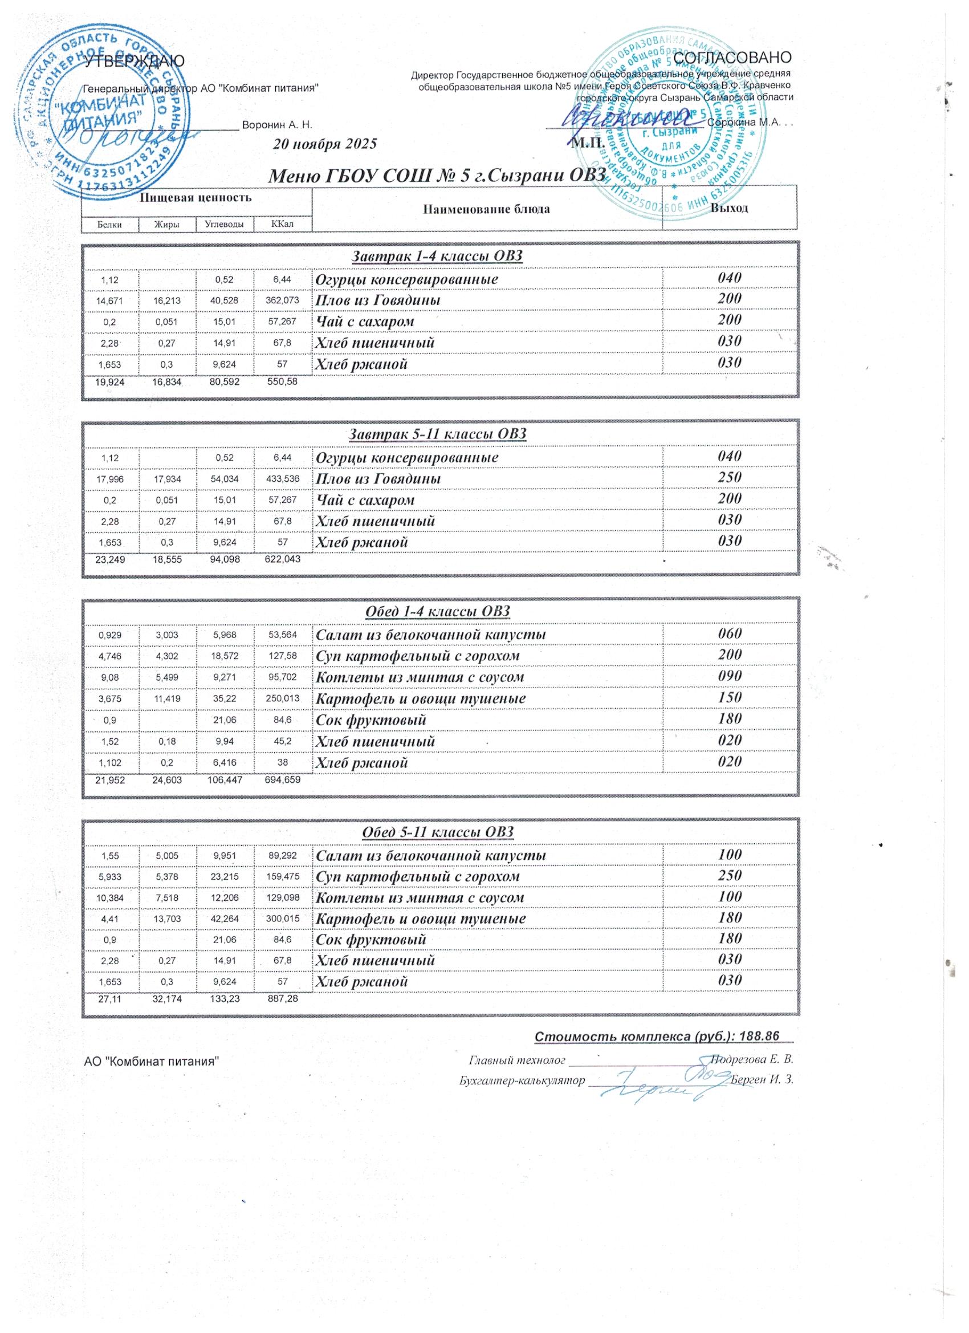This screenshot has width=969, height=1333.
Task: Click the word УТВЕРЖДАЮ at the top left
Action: point(135,61)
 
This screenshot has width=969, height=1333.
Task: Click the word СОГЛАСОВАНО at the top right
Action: point(734,58)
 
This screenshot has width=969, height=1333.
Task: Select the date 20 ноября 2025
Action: point(325,144)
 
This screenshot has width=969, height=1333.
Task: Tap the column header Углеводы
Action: point(225,223)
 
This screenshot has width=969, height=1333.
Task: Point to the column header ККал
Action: point(282,223)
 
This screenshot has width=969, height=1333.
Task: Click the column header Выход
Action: point(729,208)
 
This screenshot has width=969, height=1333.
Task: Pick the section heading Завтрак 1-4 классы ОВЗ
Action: point(437,256)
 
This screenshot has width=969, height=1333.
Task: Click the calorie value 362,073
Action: point(282,300)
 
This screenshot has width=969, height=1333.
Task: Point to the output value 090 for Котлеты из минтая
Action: point(729,676)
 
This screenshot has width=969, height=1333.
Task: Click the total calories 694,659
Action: point(279,780)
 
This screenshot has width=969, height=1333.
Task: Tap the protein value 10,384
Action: point(110,897)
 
